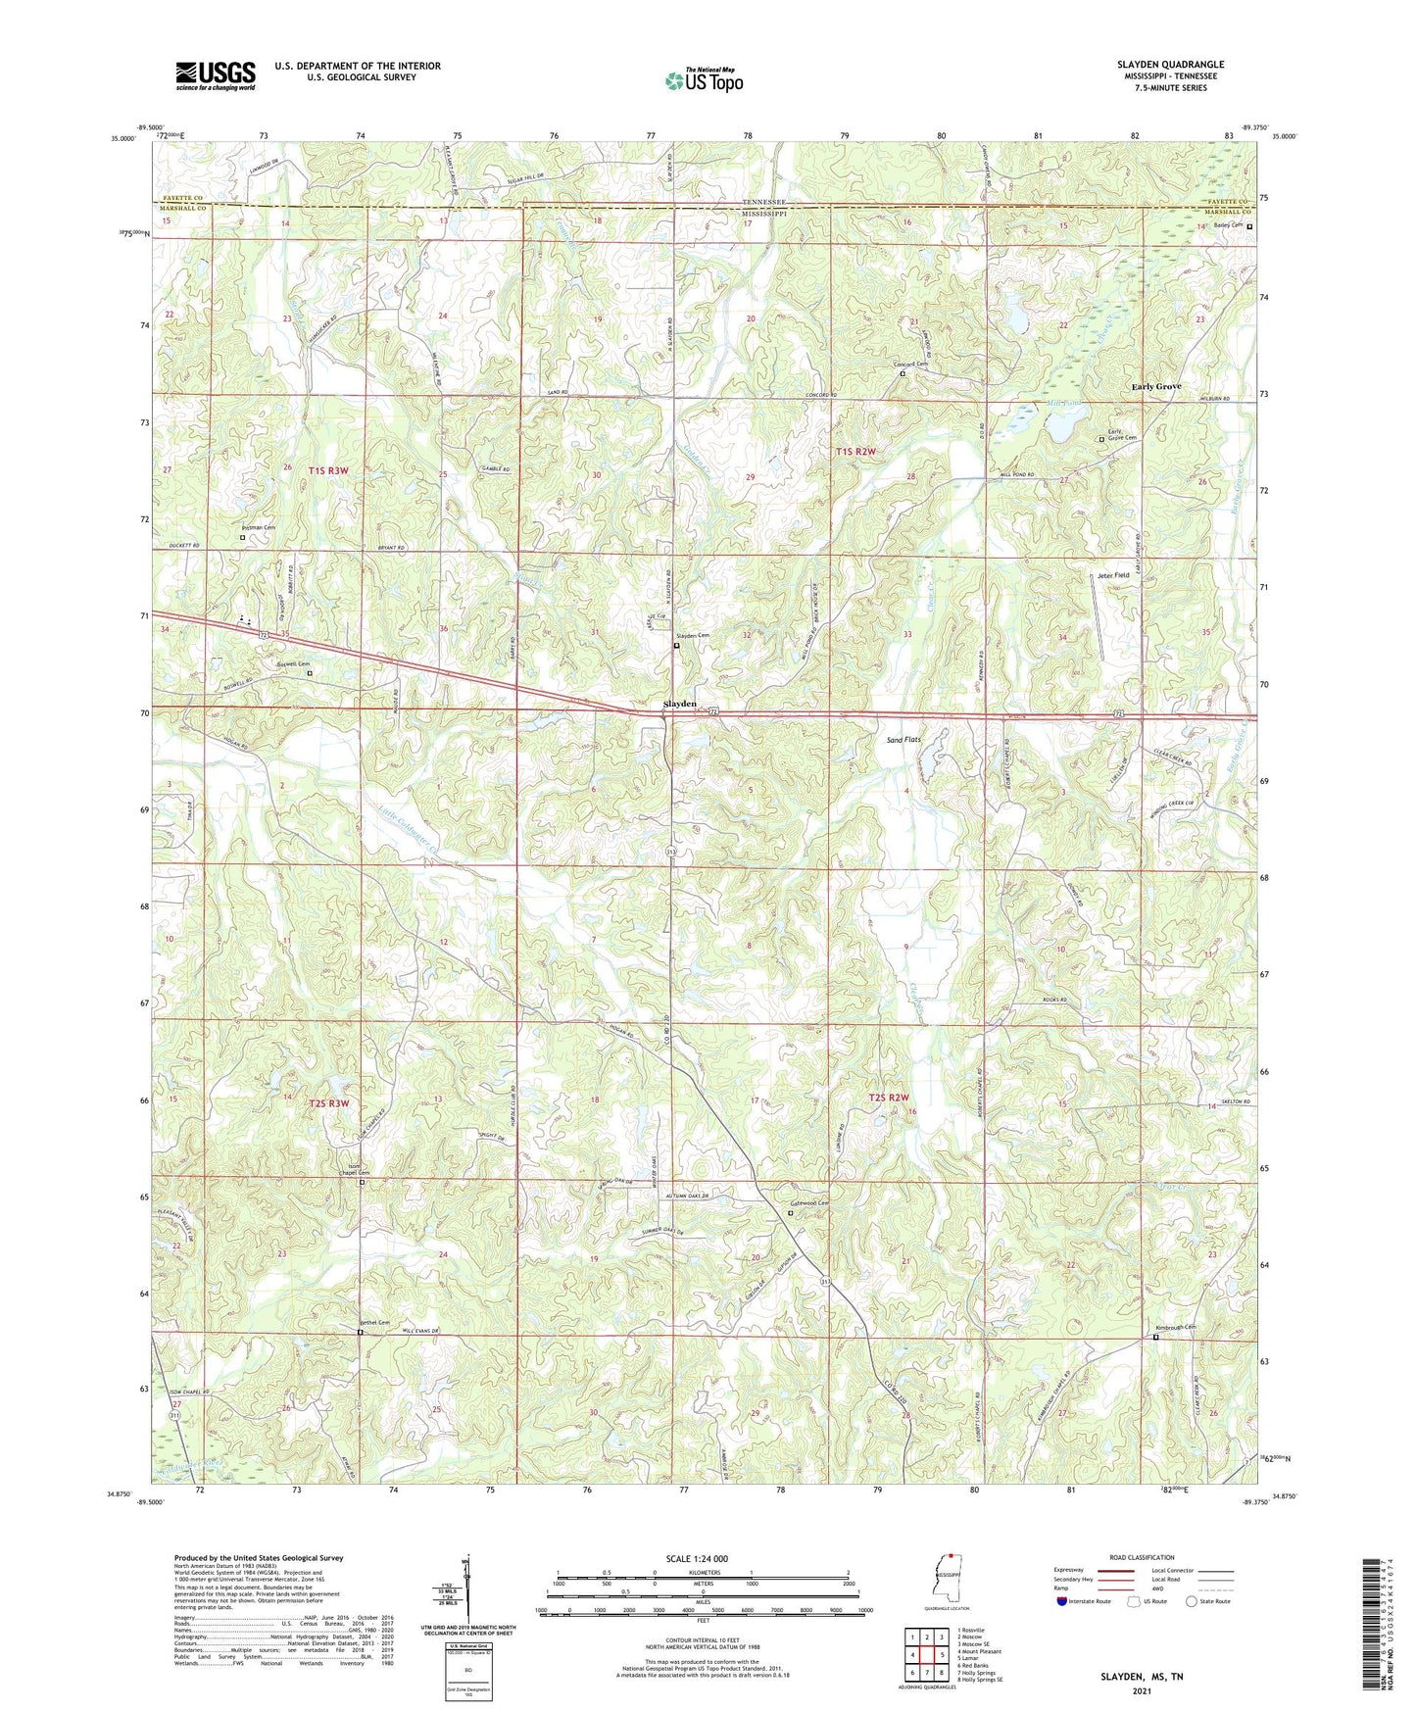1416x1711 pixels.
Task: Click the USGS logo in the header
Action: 215,75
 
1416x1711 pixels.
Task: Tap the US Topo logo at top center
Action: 703,81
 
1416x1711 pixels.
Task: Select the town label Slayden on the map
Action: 680,704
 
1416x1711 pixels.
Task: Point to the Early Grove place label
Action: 1156,386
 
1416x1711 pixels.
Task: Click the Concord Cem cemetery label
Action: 909,365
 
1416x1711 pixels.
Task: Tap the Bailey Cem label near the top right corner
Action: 1227,225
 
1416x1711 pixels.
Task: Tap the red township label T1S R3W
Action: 328,470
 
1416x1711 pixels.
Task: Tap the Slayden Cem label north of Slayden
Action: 691,636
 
